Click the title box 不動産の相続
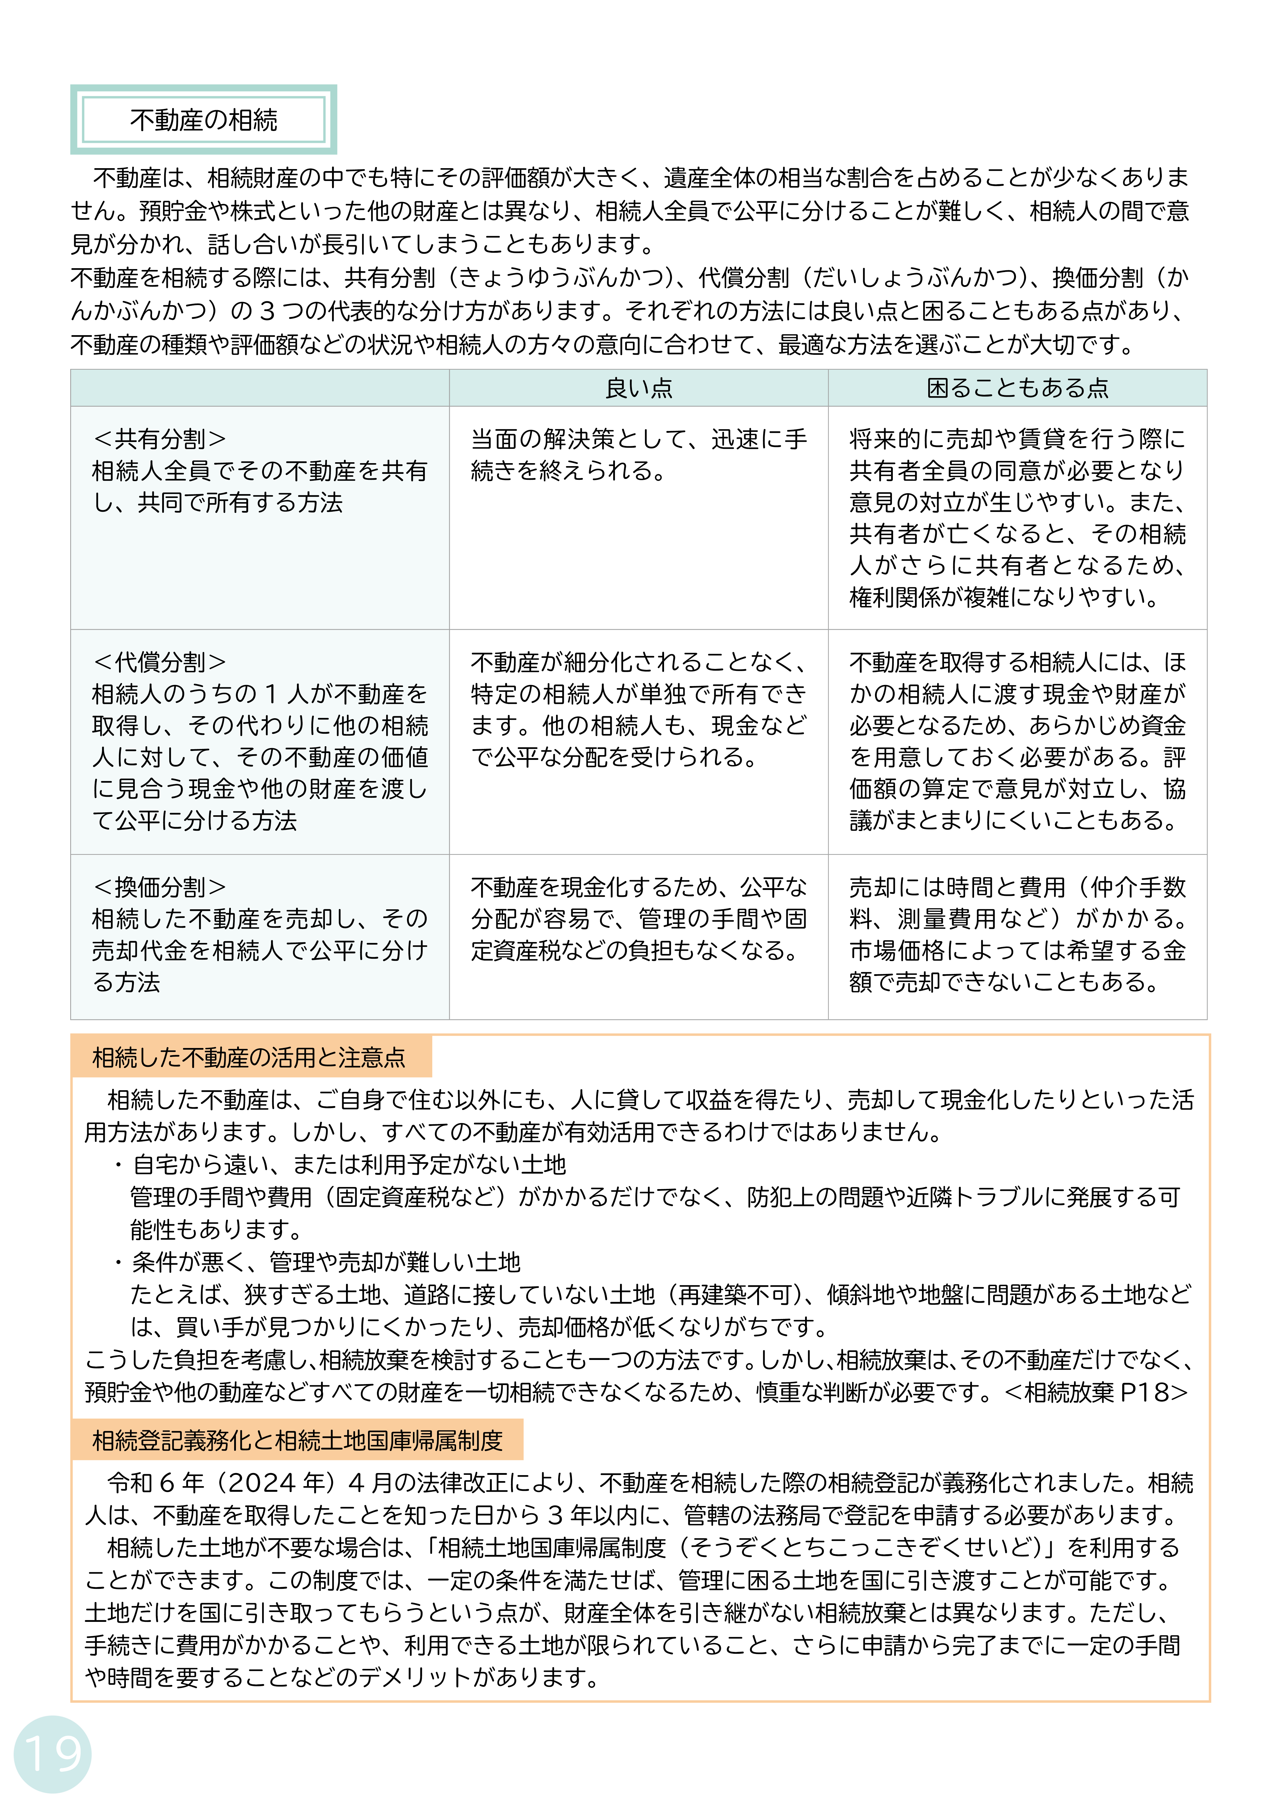click(x=203, y=120)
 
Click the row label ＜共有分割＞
click(x=160, y=439)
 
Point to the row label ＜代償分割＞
click(x=160, y=662)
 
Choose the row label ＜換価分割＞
click(x=160, y=887)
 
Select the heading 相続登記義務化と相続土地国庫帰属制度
click(x=297, y=1440)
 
